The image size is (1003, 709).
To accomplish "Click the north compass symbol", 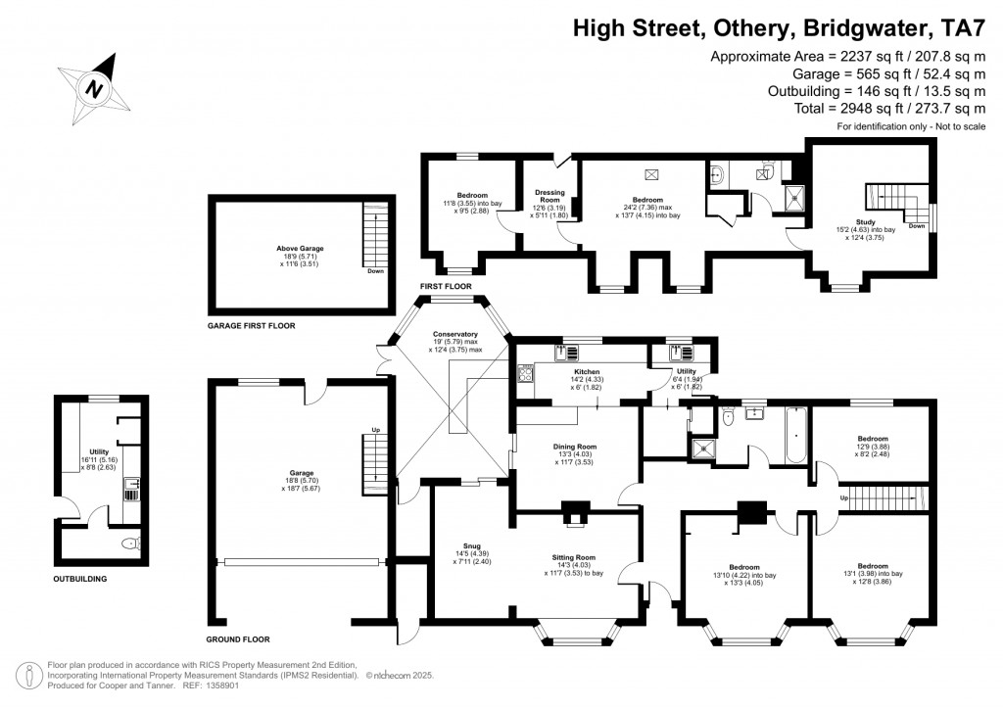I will [x=95, y=86].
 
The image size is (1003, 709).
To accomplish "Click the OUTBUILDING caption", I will [x=80, y=579].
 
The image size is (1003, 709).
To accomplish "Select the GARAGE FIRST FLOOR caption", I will [x=251, y=325].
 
